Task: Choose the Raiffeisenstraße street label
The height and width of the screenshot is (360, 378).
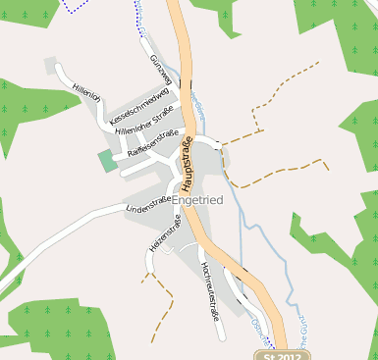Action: (x=152, y=144)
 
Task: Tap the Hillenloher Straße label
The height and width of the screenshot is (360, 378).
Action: (x=143, y=123)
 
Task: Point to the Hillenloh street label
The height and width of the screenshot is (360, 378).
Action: (x=86, y=92)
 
